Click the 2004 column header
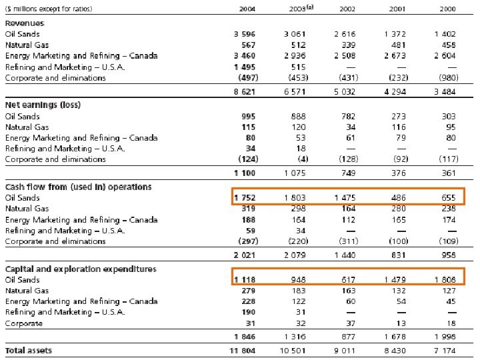[247, 9]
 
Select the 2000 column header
[447, 9]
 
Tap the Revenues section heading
[25, 23]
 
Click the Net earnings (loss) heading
[43, 105]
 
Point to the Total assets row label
[29, 351]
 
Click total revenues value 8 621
[244, 92]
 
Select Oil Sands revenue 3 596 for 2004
[244, 34]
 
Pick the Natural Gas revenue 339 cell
[349, 45]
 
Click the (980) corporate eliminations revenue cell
[449, 78]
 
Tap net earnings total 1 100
[244, 173]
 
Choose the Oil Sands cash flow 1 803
[295, 198]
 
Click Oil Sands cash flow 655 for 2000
[449, 198]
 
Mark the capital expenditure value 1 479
[395, 280]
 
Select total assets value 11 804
[242, 351]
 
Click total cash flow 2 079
[295, 255]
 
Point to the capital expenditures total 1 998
[445, 337]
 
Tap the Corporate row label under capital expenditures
[24, 323]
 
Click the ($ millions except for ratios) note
[49, 9]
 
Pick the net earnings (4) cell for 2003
[303, 159]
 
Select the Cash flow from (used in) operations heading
[79, 187]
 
